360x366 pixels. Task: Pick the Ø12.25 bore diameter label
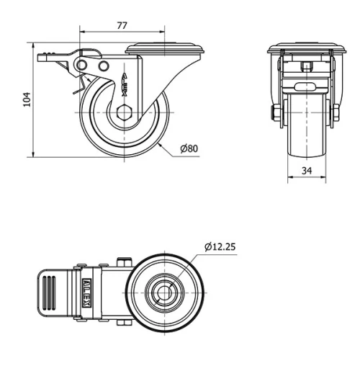click(x=220, y=247)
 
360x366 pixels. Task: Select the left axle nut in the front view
click(x=274, y=112)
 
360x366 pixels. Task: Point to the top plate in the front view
click(x=305, y=50)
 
